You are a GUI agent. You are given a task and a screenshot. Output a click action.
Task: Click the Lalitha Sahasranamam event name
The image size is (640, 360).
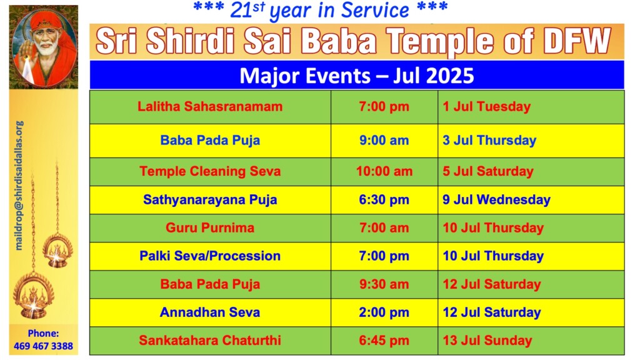click(x=210, y=106)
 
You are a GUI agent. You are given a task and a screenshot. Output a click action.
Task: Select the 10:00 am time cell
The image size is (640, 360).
click(x=384, y=171)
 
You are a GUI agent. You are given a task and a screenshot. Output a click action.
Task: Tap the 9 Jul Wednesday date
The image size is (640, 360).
click(x=496, y=199)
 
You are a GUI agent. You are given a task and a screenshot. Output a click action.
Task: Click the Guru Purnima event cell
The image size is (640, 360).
click(x=210, y=227)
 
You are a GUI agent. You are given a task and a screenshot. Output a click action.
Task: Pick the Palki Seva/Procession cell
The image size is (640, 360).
click(x=210, y=256)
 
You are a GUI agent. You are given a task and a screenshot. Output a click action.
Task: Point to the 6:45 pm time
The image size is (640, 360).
click(x=384, y=341)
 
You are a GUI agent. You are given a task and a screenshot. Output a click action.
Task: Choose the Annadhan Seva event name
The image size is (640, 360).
click(x=210, y=312)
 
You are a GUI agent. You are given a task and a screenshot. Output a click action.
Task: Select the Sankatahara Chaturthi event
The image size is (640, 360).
click(x=210, y=341)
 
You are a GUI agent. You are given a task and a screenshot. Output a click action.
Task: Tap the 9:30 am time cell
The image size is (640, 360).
click(x=384, y=284)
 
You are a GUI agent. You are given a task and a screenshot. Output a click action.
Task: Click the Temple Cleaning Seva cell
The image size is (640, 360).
click(x=210, y=171)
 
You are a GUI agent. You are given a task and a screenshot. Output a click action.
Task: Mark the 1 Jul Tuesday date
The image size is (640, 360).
click(x=486, y=106)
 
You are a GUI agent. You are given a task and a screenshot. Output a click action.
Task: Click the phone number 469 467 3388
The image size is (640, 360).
click(x=43, y=346)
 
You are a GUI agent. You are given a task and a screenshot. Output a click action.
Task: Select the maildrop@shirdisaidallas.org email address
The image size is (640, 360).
click(x=19, y=185)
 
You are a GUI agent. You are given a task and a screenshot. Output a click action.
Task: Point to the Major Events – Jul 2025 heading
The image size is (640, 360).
click(x=357, y=76)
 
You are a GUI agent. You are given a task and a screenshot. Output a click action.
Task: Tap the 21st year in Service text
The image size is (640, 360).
click(x=320, y=10)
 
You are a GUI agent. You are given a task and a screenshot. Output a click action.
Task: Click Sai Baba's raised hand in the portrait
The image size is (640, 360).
click(x=27, y=52)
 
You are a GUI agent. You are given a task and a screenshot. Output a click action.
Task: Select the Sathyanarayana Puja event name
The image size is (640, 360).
click(x=210, y=199)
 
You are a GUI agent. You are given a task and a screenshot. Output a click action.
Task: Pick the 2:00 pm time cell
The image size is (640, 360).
click(x=384, y=312)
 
